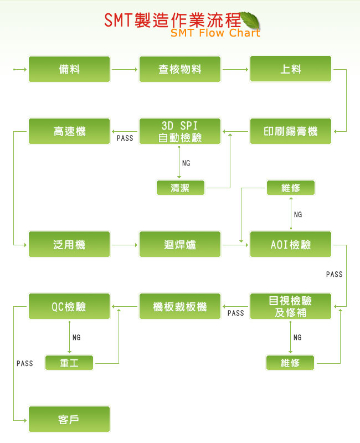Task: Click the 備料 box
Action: [69, 69]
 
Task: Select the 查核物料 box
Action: [180, 69]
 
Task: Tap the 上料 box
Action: [291, 69]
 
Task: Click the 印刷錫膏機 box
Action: [291, 131]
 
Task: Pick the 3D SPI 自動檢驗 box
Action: [180, 131]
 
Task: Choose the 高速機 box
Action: [69, 131]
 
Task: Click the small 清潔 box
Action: [180, 188]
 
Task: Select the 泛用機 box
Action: [69, 244]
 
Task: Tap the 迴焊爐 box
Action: [180, 244]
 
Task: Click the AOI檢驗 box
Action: [291, 244]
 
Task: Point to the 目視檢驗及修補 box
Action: [291, 306]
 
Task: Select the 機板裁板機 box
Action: [180, 306]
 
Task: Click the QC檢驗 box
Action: [69, 306]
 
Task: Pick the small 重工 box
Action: [69, 363]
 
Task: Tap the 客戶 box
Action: [69, 419]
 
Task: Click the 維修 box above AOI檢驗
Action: [291, 188]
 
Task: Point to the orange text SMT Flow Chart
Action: [215, 33]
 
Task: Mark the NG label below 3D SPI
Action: [186, 163]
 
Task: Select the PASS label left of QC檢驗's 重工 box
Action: [25, 363]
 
